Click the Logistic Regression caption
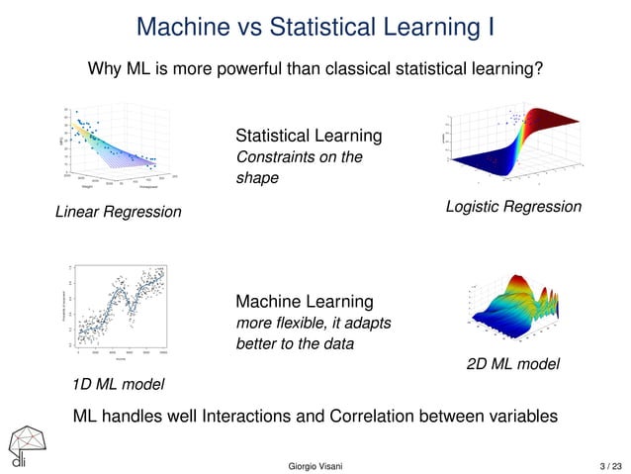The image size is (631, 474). [513, 206]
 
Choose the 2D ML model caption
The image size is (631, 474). [512, 364]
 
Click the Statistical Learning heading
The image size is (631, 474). [309, 135]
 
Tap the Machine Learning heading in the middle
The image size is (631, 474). [305, 301]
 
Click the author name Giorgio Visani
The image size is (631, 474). [315, 464]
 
